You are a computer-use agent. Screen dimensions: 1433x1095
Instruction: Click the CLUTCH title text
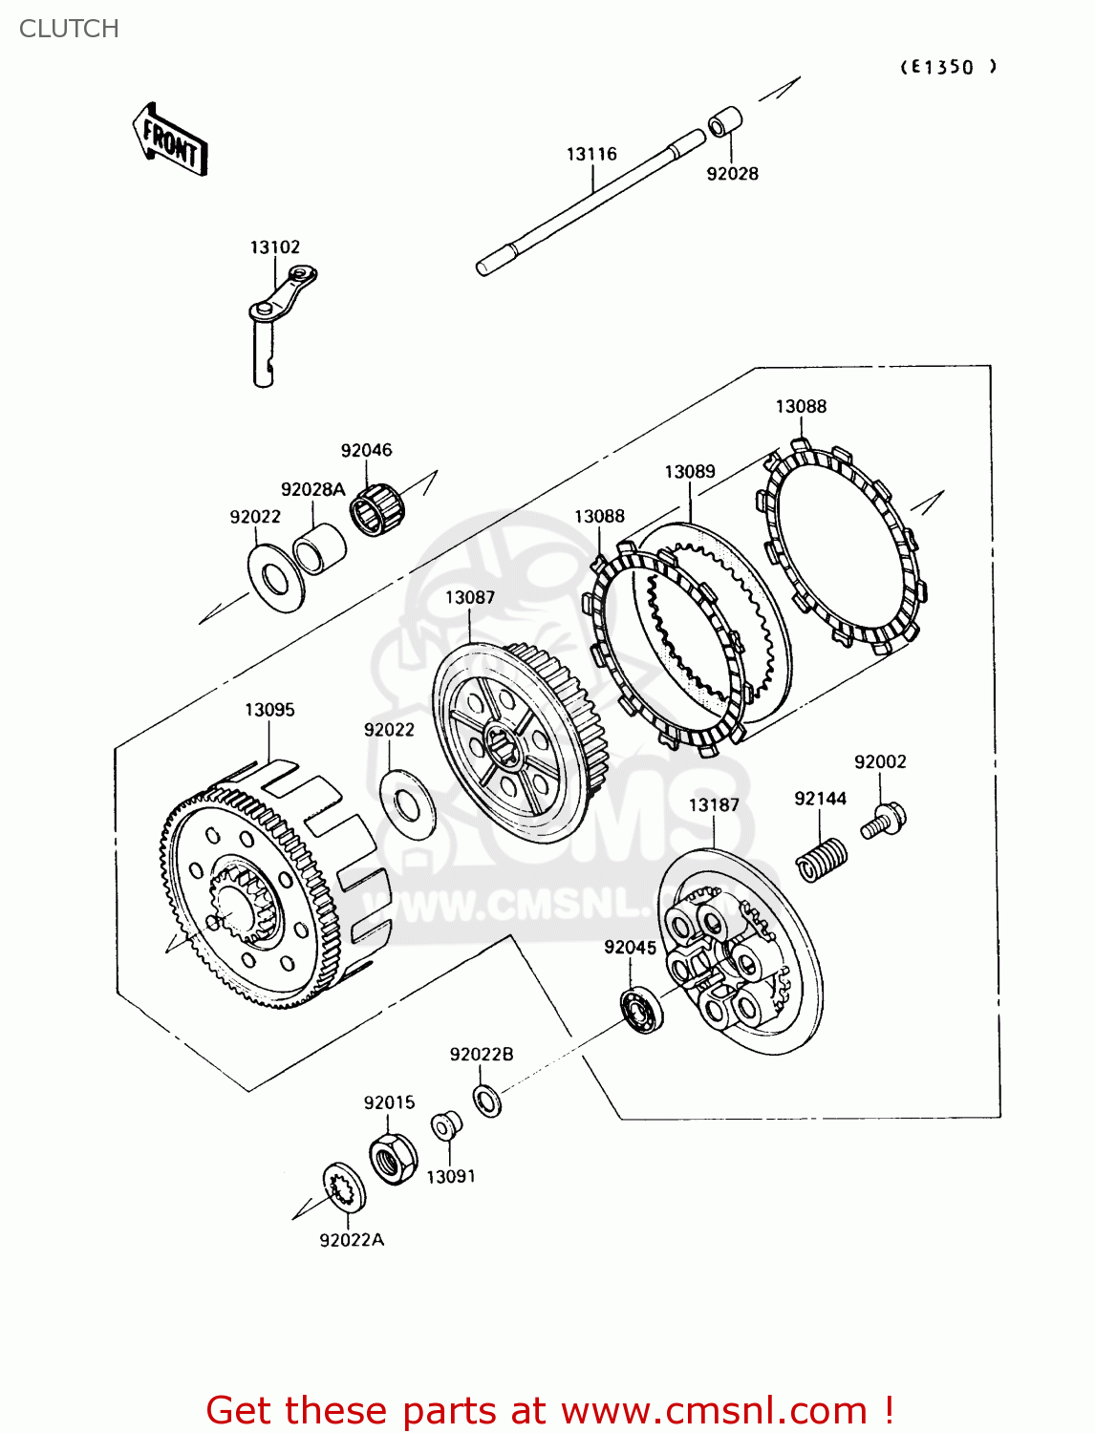[69, 29]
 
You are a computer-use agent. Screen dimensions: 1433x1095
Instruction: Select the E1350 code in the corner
[948, 67]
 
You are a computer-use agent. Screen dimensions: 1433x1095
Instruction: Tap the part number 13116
[591, 154]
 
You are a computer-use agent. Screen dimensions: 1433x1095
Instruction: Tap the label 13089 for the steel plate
[690, 471]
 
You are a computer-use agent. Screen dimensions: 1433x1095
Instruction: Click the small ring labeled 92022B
[487, 1101]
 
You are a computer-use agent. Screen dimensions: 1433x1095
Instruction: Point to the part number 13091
[451, 1176]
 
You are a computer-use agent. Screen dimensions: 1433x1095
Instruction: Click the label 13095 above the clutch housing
[269, 710]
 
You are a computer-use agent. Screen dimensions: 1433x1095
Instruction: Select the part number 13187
[714, 804]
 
